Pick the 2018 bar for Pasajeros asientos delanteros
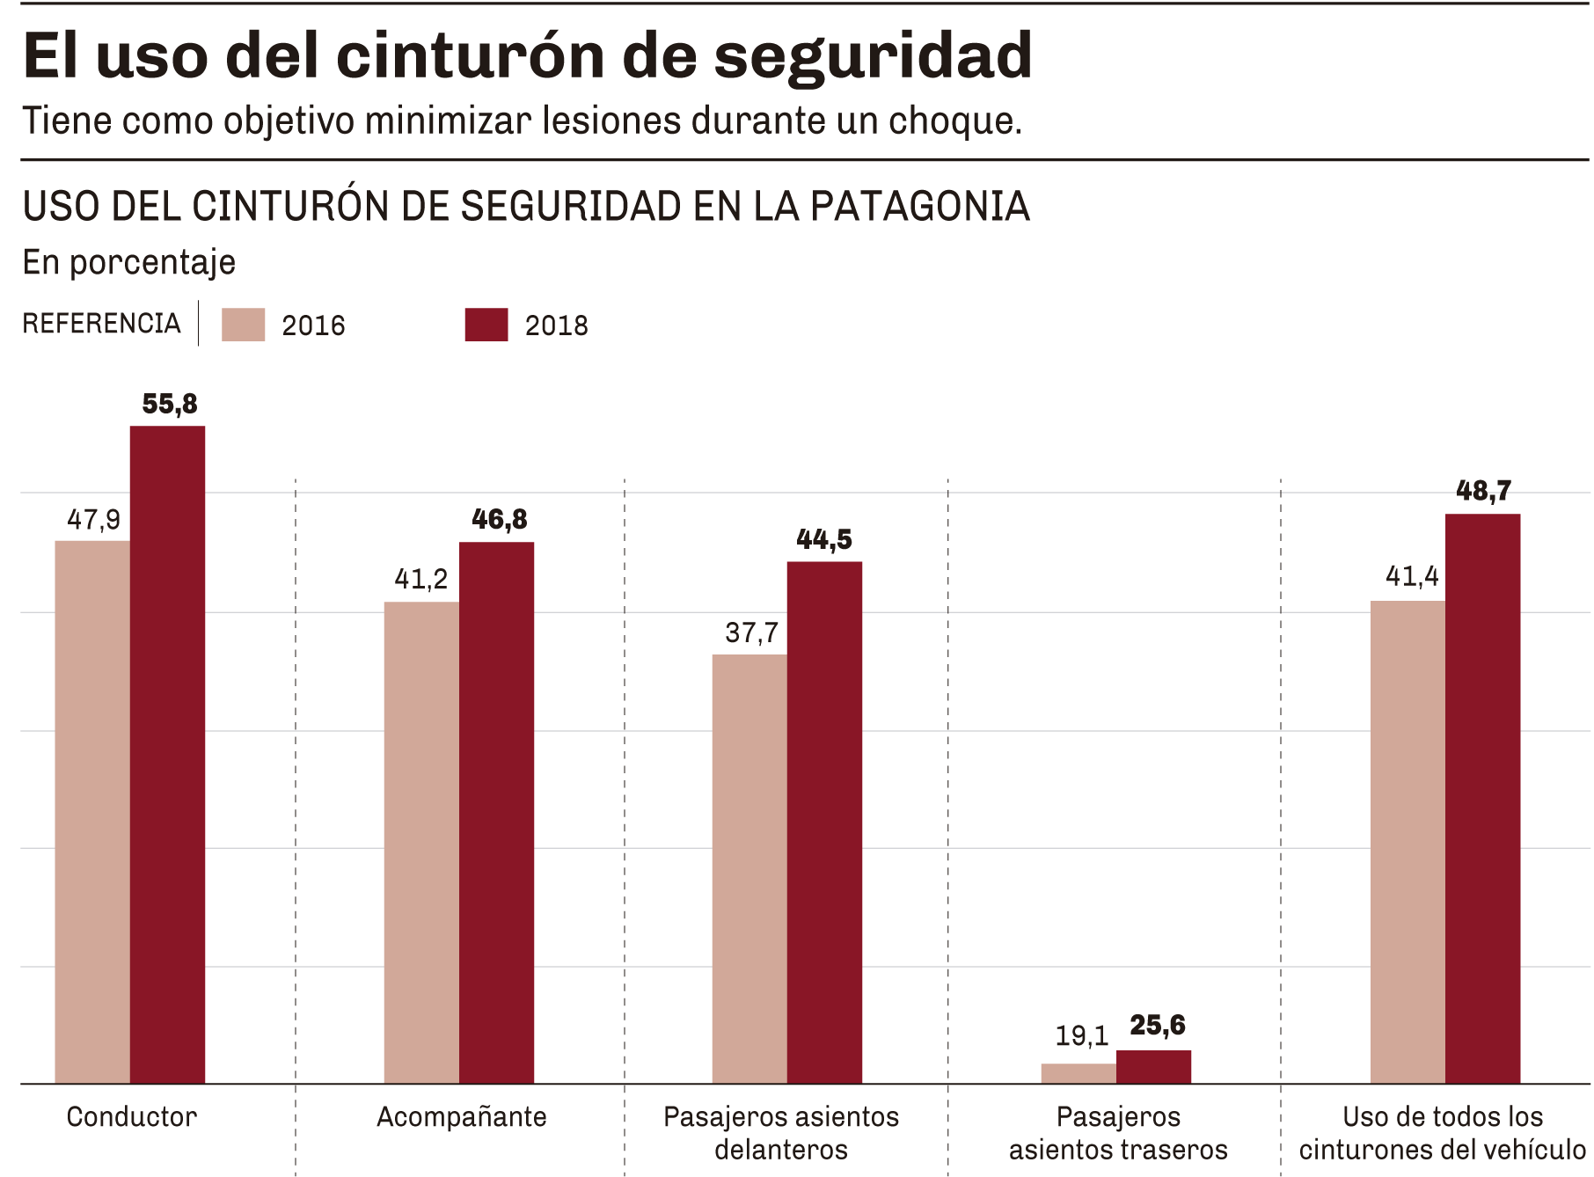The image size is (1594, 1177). [x=824, y=822]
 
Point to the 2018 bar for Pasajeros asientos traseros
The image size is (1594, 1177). [x=1153, y=1067]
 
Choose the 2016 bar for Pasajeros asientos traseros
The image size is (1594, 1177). [x=1079, y=1074]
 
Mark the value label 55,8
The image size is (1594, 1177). [x=170, y=405]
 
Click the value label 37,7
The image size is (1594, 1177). [x=751, y=632]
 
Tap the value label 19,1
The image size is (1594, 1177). [x=1081, y=1036]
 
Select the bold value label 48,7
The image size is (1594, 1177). [x=1483, y=491]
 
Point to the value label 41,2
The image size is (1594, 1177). [x=420, y=579]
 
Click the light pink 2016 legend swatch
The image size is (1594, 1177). [x=243, y=325]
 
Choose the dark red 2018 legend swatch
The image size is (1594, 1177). [x=486, y=325]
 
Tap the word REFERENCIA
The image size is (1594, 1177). [x=101, y=324]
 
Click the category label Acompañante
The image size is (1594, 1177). [x=462, y=1117]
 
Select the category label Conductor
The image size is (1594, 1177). [x=132, y=1117]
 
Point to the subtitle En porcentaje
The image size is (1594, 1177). [x=129, y=262]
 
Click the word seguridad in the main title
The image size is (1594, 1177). [x=873, y=56]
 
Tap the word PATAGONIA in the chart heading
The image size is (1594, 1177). [x=919, y=207]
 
